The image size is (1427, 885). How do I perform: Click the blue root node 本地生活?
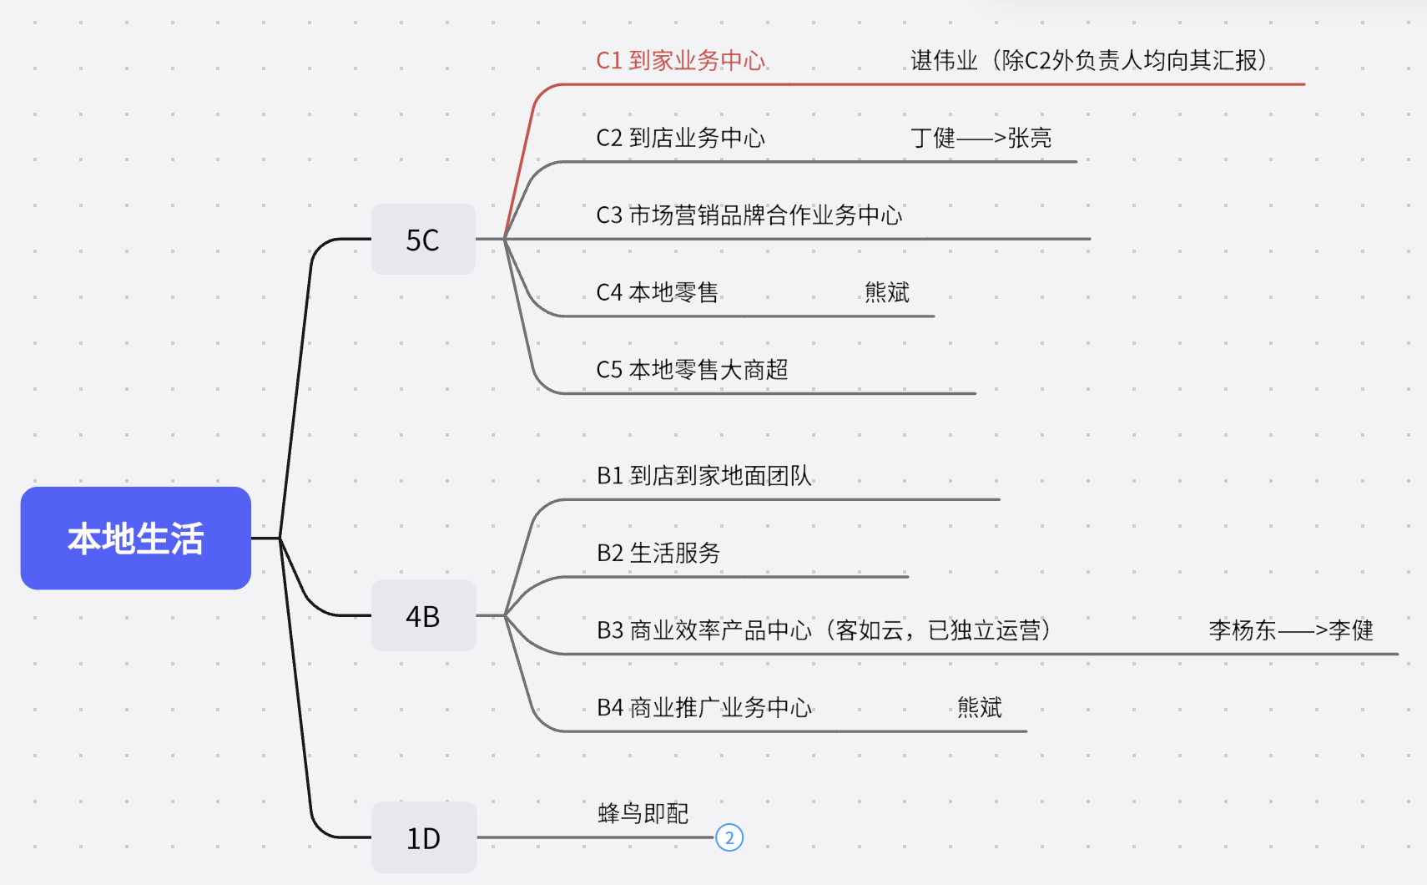(135, 539)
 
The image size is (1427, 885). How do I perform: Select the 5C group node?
(423, 240)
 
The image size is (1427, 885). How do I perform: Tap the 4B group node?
(423, 616)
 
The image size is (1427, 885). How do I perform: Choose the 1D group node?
(423, 838)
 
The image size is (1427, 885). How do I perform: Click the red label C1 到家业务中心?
(680, 61)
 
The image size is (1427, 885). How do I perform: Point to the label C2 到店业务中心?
(680, 138)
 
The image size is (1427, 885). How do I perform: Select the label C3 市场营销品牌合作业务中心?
(749, 215)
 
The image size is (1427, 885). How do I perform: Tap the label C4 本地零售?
(657, 292)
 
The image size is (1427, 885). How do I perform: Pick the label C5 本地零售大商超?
(692, 369)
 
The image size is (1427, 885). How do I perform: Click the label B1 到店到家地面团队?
(703, 476)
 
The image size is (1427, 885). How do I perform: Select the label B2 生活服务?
(658, 553)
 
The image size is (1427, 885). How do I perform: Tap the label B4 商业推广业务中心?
(703, 708)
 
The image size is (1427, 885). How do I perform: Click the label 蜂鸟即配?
(643, 813)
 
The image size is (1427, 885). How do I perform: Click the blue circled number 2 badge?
(729, 837)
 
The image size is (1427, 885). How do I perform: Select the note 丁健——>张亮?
(981, 138)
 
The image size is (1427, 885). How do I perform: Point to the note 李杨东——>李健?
(1290, 630)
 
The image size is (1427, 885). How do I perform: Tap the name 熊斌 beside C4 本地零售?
(886, 292)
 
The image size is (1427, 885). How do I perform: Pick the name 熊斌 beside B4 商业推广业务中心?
(979, 708)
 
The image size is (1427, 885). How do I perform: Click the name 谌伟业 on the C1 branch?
(944, 61)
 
